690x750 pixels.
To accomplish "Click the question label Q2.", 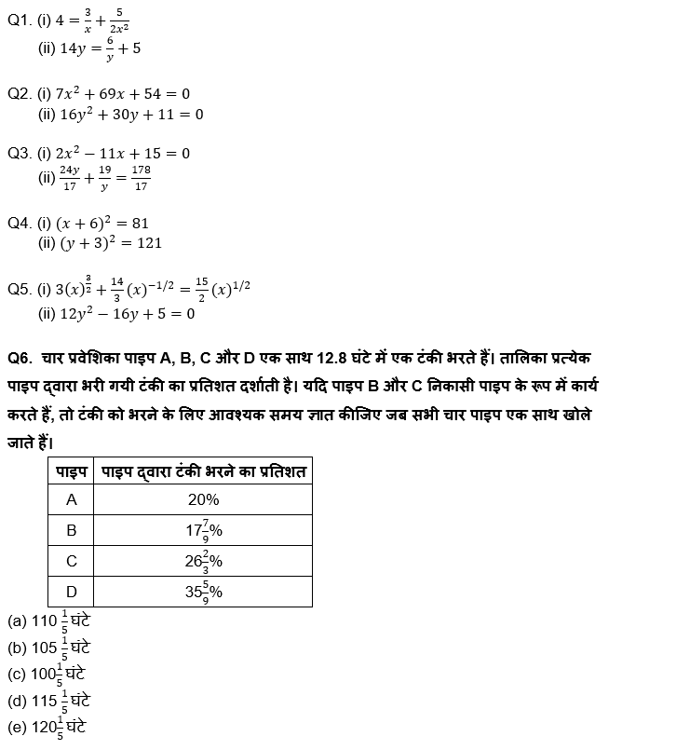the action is [20, 94].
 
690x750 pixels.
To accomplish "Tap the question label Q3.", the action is [20, 153].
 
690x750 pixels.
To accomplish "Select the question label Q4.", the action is [20, 223].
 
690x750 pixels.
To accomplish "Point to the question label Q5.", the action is [20, 290].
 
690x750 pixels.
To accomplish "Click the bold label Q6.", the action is [20, 359].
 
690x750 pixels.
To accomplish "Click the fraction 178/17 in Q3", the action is [141, 177].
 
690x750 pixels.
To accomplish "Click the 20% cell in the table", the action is [203, 500].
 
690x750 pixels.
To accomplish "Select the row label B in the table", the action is [72, 531].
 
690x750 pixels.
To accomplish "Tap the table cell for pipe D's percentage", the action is [203, 592].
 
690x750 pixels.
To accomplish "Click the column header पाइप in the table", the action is [72, 471].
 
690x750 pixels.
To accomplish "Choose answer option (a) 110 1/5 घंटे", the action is [48, 620].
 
